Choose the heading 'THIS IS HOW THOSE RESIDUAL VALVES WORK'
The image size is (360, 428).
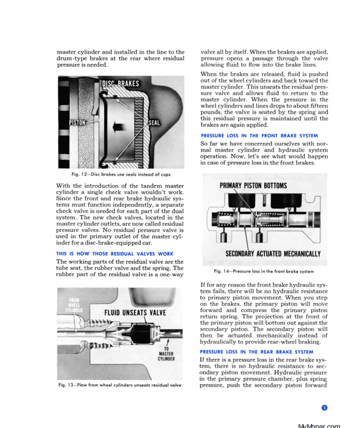click(115, 254)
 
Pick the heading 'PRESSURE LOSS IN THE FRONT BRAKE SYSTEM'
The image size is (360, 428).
click(259, 135)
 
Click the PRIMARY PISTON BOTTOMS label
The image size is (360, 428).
click(254, 186)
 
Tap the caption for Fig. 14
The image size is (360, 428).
click(264, 271)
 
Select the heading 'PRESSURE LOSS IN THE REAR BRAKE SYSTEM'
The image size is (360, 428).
click(257, 352)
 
